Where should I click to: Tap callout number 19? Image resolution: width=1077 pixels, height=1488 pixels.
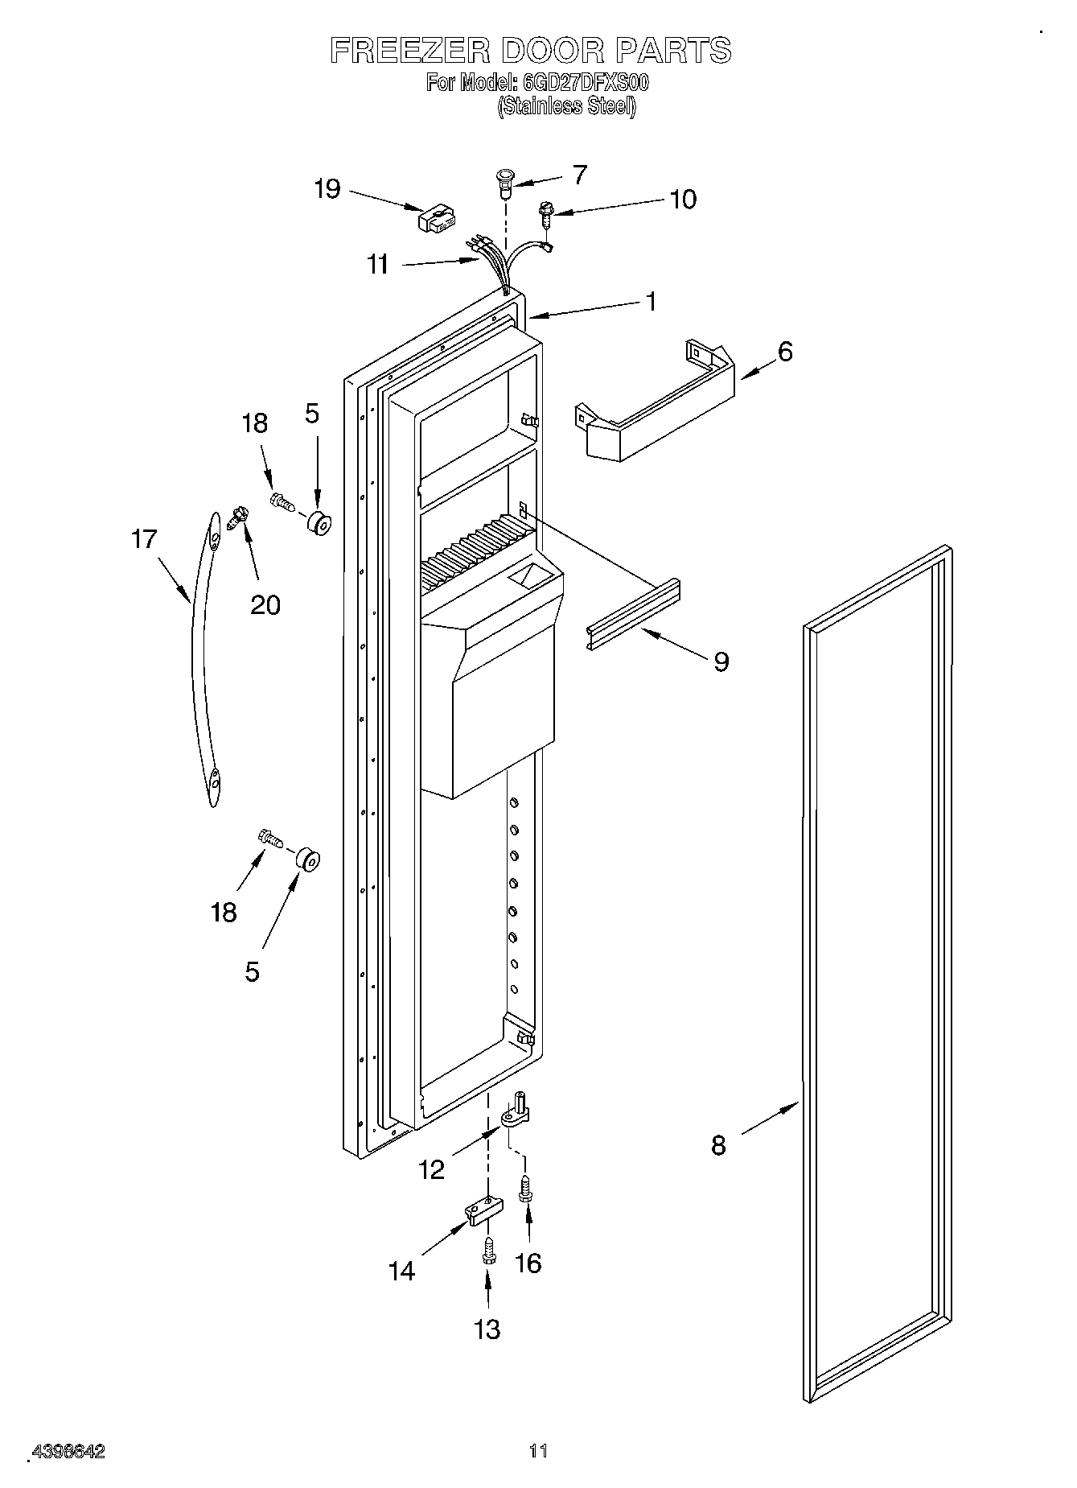[327, 190]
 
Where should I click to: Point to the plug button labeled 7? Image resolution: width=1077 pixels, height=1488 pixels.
[505, 183]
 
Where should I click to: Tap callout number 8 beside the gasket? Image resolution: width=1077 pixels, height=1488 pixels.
[718, 1144]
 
